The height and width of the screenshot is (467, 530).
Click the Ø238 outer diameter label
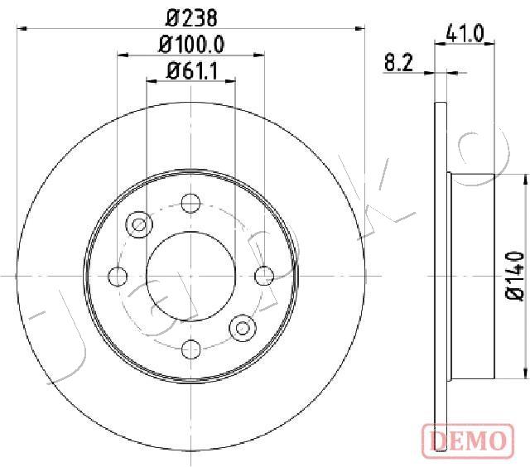coord(191,17)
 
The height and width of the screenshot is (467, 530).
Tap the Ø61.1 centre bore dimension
coord(191,71)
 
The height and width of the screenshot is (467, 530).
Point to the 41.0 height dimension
coord(465,33)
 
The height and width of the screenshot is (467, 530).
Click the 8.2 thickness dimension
coord(399,62)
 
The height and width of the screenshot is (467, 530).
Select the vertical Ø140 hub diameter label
coord(514,276)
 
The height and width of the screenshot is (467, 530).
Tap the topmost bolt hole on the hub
coord(190,204)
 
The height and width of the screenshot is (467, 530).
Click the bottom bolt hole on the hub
coord(191,349)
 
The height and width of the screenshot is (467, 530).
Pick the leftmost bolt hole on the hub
coord(118,276)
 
